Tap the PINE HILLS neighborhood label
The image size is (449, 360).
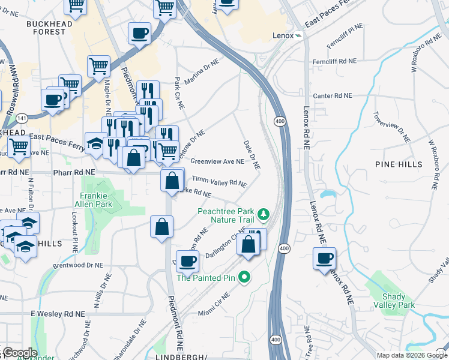(x=394, y=164)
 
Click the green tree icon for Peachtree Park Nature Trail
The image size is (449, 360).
(x=262, y=214)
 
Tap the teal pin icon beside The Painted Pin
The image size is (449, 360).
(x=244, y=277)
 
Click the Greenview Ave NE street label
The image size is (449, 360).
(x=217, y=161)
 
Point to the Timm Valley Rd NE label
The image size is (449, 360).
(x=219, y=182)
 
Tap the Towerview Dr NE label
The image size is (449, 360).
(x=391, y=127)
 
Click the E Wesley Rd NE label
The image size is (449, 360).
(x=56, y=314)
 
